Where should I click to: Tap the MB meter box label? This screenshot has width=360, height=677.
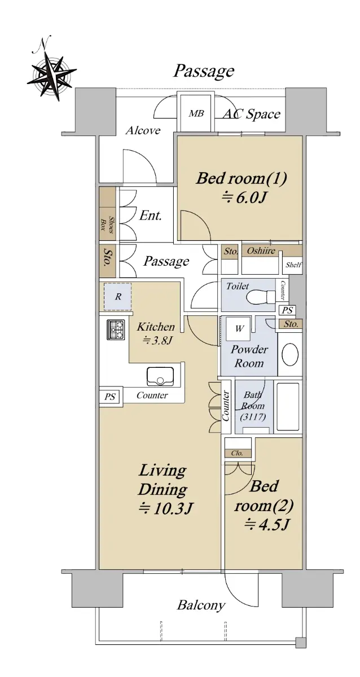[x=196, y=113]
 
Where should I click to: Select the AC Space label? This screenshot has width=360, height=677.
[x=252, y=114]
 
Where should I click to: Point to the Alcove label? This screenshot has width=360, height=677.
[x=143, y=130]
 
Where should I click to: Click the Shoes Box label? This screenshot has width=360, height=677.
[x=107, y=225]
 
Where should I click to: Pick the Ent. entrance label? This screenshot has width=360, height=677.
[x=150, y=216]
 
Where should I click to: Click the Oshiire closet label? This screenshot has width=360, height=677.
[x=261, y=250]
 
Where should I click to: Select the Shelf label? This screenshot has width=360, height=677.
[x=293, y=265]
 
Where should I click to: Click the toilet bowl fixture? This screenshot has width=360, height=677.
[x=261, y=297]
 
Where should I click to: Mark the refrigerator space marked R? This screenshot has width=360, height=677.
[x=118, y=297]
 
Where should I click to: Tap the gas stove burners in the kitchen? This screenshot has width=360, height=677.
[x=116, y=329]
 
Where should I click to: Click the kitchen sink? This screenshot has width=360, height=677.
[x=160, y=376]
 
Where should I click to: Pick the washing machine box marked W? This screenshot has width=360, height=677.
[x=239, y=329]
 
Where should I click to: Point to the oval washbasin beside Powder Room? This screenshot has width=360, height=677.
[x=290, y=354]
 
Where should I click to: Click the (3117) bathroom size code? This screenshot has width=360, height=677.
[x=253, y=417]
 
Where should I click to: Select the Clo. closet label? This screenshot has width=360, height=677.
[x=237, y=454]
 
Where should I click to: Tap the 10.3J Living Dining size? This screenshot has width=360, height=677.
[x=165, y=509]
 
